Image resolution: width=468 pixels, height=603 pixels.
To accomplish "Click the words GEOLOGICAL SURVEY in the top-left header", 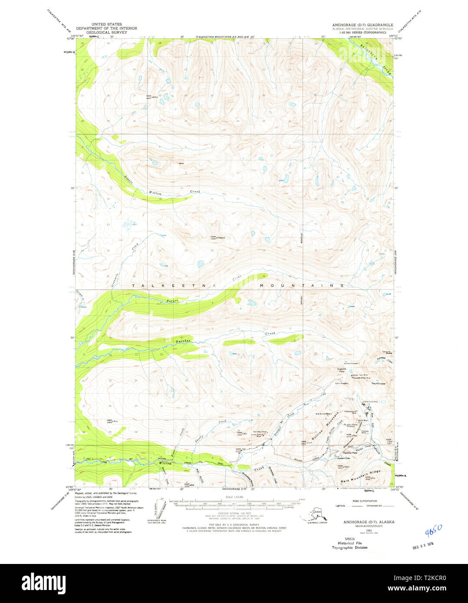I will pos(106,33).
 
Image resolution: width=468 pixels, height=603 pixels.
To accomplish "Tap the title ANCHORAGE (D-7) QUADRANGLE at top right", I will pos(363,25).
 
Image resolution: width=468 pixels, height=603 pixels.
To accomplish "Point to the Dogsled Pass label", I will pos(342,370).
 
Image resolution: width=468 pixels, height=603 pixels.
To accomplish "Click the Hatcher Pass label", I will pos(349,452).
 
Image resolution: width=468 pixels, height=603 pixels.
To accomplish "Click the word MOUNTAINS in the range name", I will pos(302,286).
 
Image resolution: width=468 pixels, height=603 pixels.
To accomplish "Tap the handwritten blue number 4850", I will pos(433,530).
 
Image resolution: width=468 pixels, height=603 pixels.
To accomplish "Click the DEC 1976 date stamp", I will pos(423,544).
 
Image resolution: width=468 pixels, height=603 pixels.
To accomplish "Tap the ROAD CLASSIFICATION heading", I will pos(365,501).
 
